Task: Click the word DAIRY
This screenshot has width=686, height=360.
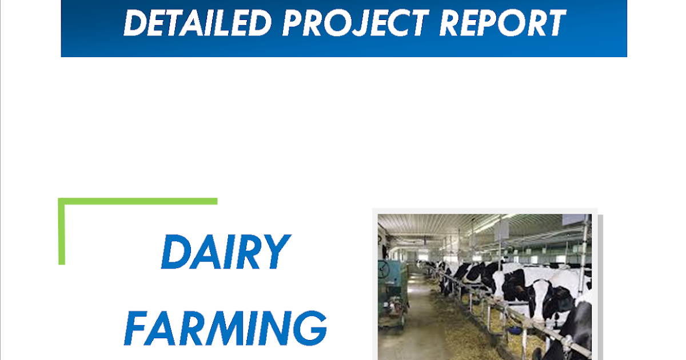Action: pyautogui.click(x=225, y=252)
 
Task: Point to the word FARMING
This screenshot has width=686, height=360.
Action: pyautogui.click(x=225, y=328)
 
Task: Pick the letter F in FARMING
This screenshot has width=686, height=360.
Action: pyautogui.click(x=136, y=329)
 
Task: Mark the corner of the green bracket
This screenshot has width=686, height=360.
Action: pyautogui.click(x=62, y=202)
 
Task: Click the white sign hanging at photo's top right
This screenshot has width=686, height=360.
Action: pyautogui.click(x=574, y=220)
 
